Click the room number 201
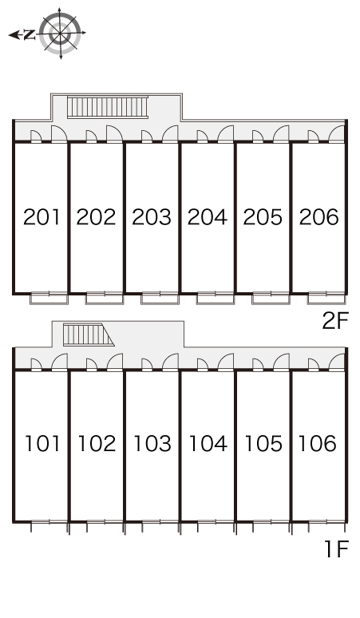coord(42,216)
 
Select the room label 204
coord(208,216)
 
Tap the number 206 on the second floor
coord(319,216)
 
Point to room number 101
coord(42,443)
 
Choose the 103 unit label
coord(152,443)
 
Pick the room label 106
coord(318,443)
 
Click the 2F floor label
coord(335,321)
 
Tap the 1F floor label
coord(336,549)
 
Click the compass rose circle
coord(60,33)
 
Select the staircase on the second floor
coord(108,107)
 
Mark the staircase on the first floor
coord(89,335)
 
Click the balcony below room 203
coord(160,298)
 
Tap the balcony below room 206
coord(326,298)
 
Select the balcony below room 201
coord(49,298)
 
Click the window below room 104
coord(216,522)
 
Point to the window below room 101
coord(49,522)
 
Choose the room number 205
coord(263,216)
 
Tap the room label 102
coord(97,443)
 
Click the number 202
coord(96,216)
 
